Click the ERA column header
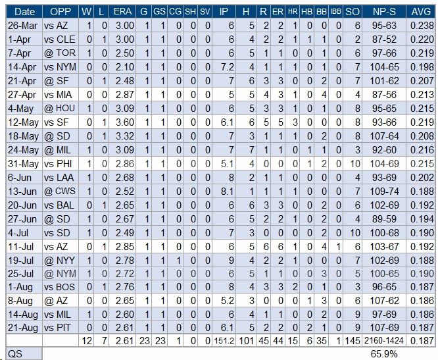pyautogui.click(x=122, y=12)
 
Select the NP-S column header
pyautogui.click(x=384, y=12)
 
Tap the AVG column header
pyautogui.click(x=421, y=12)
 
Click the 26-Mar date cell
pyautogui.click(x=22, y=26)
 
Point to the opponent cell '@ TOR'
pyautogui.click(x=59, y=53)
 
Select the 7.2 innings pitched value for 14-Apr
pyautogui.click(x=226, y=67)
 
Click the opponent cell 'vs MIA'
pyautogui.click(x=58, y=95)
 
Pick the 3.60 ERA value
pyautogui.click(x=125, y=122)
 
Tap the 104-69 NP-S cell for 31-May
pyautogui.click(x=384, y=164)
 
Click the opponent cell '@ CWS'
pyautogui.click(x=59, y=192)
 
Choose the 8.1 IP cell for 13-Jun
pyautogui.click(x=226, y=192)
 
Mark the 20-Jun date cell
pyautogui.click(x=22, y=205)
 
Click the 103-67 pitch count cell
pyautogui.click(x=384, y=247)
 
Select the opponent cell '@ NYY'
pyautogui.click(x=59, y=261)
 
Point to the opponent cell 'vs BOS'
pyautogui.click(x=59, y=287)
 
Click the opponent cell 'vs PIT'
pyautogui.click(x=57, y=328)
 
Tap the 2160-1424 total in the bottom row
pyautogui.click(x=384, y=341)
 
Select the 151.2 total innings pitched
pyautogui.click(x=224, y=341)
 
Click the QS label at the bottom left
pyautogui.click(x=15, y=354)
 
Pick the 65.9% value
pyautogui.click(x=384, y=354)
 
